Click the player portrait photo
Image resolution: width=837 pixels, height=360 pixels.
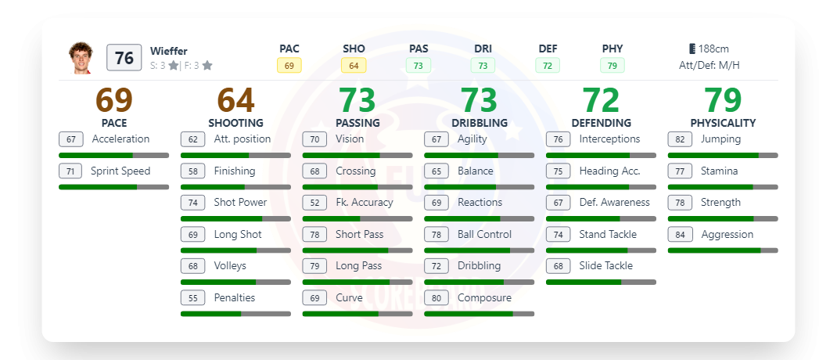pyautogui.click(x=81, y=58)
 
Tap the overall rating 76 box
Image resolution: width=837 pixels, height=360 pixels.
pyautogui.click(x=124, y=58)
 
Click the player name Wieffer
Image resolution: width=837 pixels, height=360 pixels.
pyautogui.click(x=169, y=52)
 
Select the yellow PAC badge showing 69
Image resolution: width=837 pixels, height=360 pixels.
pyautogui.click(x=289, y=66)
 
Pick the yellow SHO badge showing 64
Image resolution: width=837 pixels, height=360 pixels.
pyautogui.click(x=354, y=66)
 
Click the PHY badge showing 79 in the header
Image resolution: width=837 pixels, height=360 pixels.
pyautogui.click(x=612, y=66)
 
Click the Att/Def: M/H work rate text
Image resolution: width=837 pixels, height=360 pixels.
pyautogui.click(x=709, y=66)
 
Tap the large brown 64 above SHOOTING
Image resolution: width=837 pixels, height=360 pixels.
pyautogui.click(x=235, y=101)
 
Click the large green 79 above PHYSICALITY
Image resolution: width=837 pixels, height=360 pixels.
pyautogui.click(x=723, y=101)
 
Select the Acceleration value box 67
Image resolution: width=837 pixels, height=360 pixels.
pyautogui.click(x=70, y=139)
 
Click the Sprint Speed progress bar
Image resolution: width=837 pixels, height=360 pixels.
pyautogui.click(x=113, y=187)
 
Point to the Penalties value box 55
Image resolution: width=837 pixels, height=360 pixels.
pyautogui.click(x=192, y=298)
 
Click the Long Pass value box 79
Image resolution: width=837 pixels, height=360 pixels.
pyautogui.click(x=314, y=266)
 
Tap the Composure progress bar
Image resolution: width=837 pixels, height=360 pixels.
pyautogui.click(x=479, y=314)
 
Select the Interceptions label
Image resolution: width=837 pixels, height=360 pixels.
pyautogui.click(x=609, y=139)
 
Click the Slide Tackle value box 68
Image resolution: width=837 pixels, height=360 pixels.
pyautogui.click(x=558, y=266)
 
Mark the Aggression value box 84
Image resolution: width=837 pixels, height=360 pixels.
pyautogui.click(x=680, y=235)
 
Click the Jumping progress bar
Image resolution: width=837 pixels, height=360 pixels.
pyautogui.click(x=722, y=156)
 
